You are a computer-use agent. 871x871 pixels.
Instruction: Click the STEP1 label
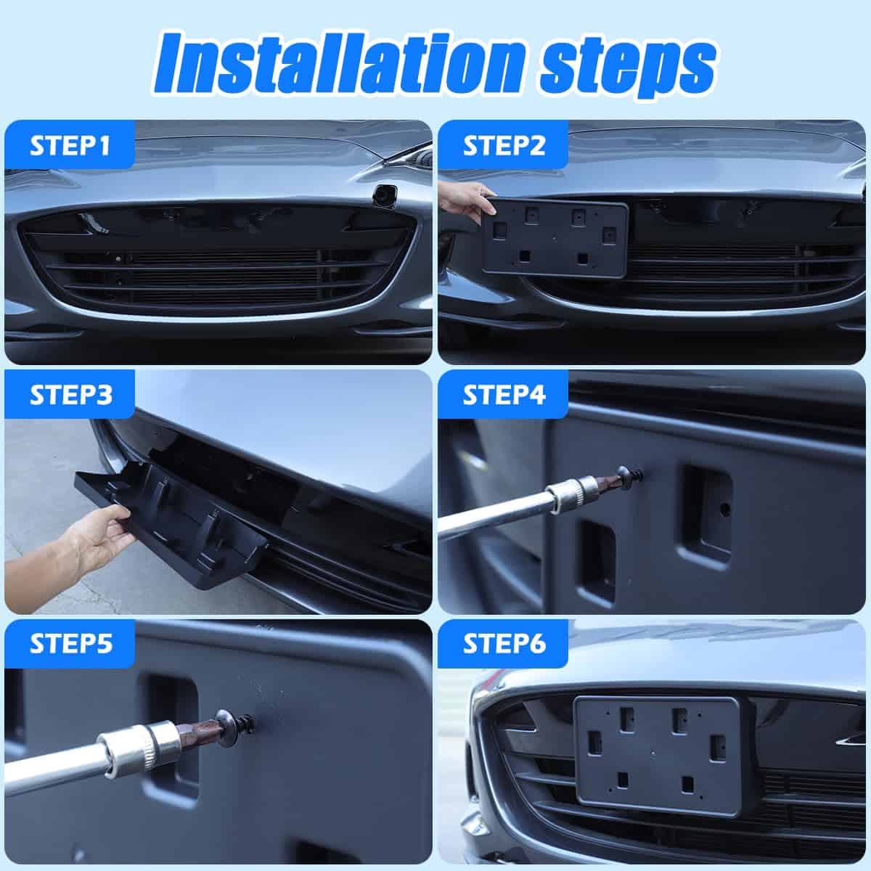(70, 146)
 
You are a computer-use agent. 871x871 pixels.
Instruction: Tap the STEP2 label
(504, 146)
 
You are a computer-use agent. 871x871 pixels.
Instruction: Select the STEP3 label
(70, 395)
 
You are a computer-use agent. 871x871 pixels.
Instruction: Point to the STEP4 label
(504, 395)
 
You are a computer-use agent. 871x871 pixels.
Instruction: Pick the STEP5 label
(70, 644)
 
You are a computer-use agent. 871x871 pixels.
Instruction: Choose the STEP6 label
(504, 644)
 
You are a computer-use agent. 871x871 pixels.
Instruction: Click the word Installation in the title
(339, 64)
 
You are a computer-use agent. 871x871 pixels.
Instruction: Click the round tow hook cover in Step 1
(385, 195)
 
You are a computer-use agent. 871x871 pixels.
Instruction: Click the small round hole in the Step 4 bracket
(725, 510)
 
